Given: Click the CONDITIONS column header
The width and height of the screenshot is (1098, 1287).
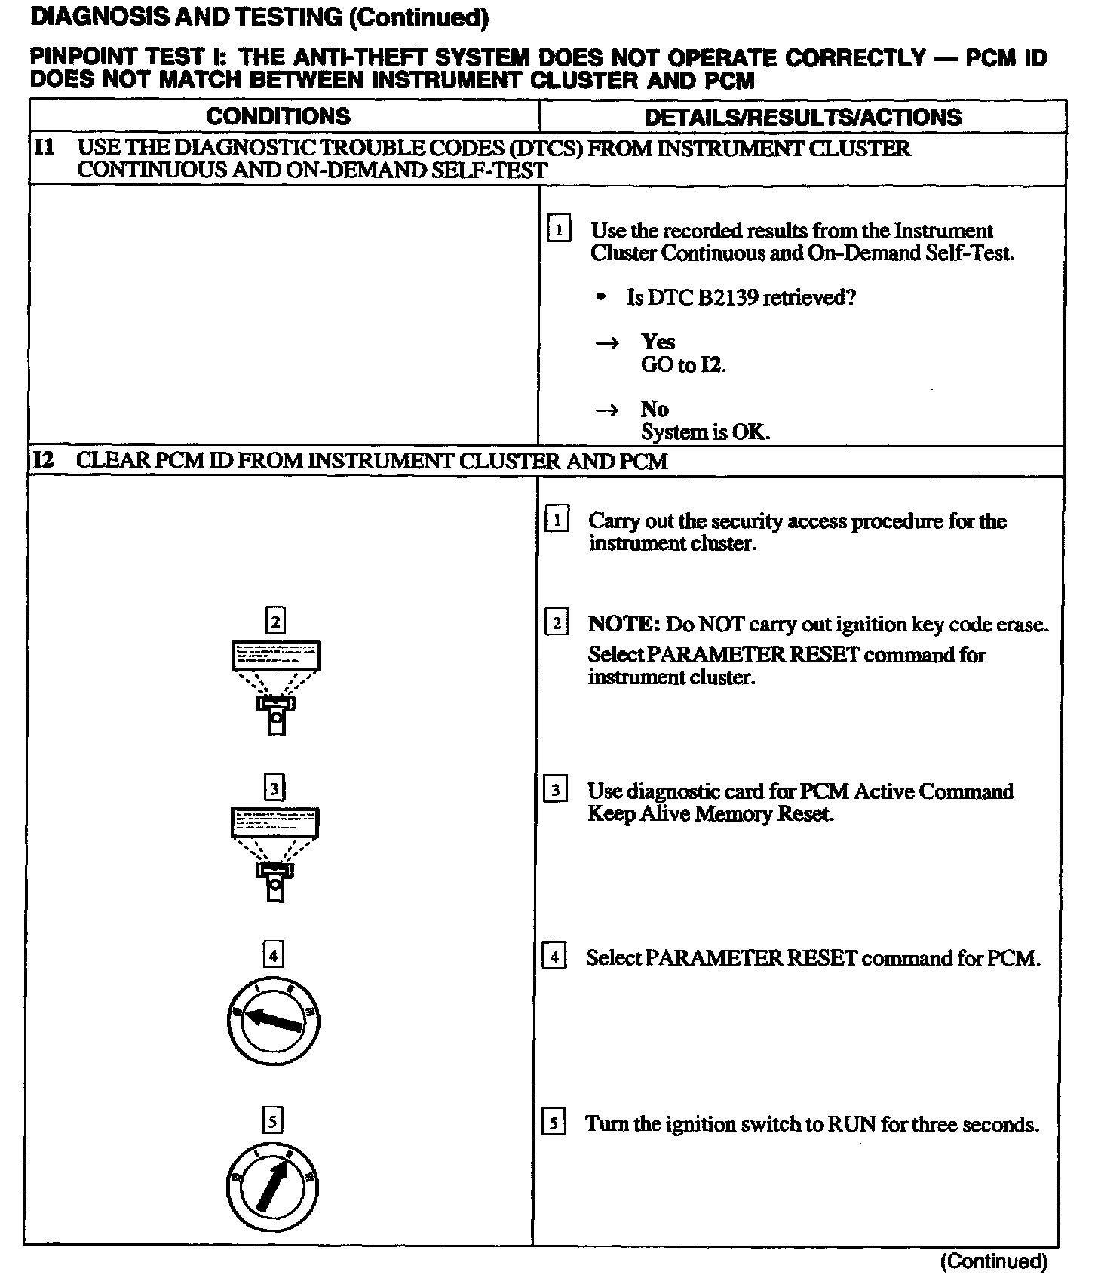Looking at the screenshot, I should (278, 116).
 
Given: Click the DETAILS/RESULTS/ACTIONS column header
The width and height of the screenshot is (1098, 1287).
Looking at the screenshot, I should (802, 117).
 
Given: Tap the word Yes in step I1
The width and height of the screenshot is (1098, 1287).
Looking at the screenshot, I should (658, 342).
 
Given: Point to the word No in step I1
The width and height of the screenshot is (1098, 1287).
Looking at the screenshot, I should (655, 409).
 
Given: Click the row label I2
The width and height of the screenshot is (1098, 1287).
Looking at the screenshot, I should (44, 460).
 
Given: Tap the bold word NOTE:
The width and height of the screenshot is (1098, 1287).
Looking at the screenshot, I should (624, 625).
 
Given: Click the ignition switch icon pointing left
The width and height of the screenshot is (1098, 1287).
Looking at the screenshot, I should (274, 1022).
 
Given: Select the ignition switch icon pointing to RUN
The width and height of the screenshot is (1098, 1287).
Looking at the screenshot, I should (272, 1190).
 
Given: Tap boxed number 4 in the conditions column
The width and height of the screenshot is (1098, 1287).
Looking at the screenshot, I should (273, 957).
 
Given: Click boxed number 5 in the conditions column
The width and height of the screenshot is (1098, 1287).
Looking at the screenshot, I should (272, 1122).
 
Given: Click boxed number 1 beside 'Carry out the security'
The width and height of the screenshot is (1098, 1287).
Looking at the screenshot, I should (557, 521).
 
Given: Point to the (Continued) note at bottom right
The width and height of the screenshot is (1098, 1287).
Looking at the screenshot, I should (994, 1261).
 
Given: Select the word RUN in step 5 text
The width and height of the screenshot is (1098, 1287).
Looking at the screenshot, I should (851, 1124).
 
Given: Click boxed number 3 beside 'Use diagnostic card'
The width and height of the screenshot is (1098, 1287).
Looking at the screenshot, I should (556, 791).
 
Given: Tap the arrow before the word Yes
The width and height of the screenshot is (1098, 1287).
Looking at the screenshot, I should (607, 343).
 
